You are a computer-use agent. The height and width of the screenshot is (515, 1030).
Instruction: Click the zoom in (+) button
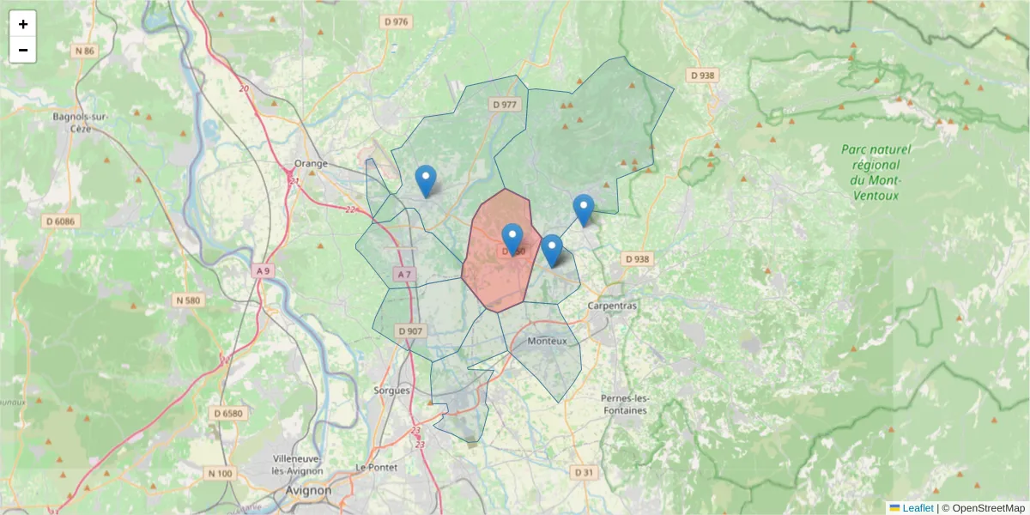23,24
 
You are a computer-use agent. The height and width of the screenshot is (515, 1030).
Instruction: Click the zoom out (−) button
23,50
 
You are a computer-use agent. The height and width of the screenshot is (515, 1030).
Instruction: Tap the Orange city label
311,164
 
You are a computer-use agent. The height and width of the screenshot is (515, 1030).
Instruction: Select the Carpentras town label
612,306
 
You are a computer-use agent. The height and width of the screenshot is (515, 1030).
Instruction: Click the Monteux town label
548,341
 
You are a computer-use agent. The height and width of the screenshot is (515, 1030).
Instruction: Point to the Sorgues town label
393,390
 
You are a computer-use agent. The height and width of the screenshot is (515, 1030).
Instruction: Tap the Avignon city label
310,490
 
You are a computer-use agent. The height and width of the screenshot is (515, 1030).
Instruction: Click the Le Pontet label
374,467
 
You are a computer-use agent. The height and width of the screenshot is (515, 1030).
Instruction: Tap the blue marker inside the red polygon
512,238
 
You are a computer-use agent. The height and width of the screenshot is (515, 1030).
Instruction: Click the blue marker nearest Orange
425,180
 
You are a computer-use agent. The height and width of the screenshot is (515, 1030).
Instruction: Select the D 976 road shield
397,22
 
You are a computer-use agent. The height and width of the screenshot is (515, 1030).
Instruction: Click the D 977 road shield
505,105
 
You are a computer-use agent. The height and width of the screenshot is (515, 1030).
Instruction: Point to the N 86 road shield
85,51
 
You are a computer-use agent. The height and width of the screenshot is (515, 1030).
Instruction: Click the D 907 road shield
410,331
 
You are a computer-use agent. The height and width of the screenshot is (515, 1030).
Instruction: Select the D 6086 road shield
59,221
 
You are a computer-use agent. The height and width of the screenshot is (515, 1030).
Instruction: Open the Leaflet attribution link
918,508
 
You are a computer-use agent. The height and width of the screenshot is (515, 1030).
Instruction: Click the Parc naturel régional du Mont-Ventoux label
875,172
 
